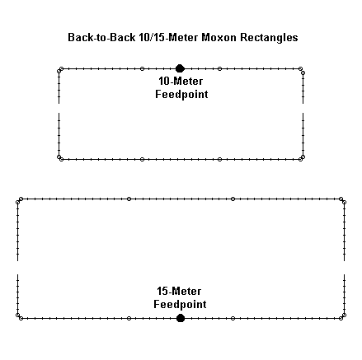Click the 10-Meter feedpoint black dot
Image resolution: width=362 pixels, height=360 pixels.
click(x=180, y=68)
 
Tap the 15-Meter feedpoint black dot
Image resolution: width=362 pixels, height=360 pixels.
click(x=181, y=318)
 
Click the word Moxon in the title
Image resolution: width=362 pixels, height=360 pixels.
click(x=219, y=37)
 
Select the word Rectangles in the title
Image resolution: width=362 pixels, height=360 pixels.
click(x=269, y=38)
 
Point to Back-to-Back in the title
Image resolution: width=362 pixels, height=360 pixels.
click(x=101, y=37)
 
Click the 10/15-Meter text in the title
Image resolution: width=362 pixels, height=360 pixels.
click(x=168, y=37)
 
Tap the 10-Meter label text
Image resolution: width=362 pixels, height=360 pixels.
click(x=181, y=81)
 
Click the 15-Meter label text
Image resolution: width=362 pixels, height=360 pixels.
click(x=179, y=291)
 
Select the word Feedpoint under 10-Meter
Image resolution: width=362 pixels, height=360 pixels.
click(x=181, y=94)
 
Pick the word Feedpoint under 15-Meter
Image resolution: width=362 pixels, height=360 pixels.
click(x=180, y=304)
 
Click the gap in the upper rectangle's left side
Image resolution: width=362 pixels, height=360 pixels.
click(x=59, y=108)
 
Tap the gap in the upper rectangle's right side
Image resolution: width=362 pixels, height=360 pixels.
click(x=303, y=108)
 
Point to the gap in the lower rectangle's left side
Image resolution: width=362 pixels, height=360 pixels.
click(x=18, y=268)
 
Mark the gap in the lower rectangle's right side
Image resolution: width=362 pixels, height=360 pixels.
click(x=344, y=268)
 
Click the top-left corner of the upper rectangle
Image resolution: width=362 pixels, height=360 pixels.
click(x=59, y=69)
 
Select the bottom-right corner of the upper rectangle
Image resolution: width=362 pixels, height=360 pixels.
click(x=303, y=159)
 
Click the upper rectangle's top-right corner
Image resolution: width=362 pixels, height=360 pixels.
click(x=303, y=69)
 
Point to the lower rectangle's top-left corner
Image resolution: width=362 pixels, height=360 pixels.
click(x=18, y=199)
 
